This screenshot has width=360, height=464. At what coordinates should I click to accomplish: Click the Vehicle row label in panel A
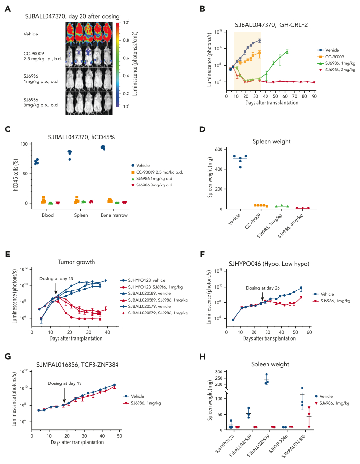pyautogui.click(x=32, y=34)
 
